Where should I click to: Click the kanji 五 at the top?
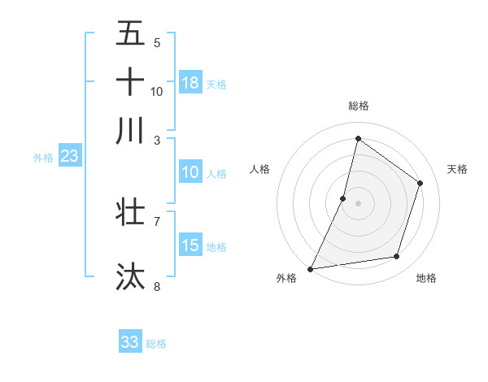[x=130, y=33]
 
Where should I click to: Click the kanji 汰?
[x=130, y=276]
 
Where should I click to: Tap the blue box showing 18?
[x=190, y=83]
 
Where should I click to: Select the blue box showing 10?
[x=190, y=172]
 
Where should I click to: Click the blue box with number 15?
[x=190, y=245]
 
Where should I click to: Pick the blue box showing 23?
[x=69, y=157]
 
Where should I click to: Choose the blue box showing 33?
[x=130, y=342]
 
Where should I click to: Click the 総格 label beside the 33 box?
[x=156, y=344]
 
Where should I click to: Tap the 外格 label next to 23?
[x=43, y=158]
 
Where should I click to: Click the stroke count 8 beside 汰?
[x=157, y=286]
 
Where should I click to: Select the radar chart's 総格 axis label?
[x=358, y=106]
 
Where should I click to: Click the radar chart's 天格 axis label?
[x=457, y=169]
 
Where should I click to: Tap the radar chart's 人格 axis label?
[x=259, y=169]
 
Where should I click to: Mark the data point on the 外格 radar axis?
[x=310, y=268]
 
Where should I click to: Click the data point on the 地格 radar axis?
[x=397, y=257]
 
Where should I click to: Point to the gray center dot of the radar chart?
[x=358, y=202]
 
